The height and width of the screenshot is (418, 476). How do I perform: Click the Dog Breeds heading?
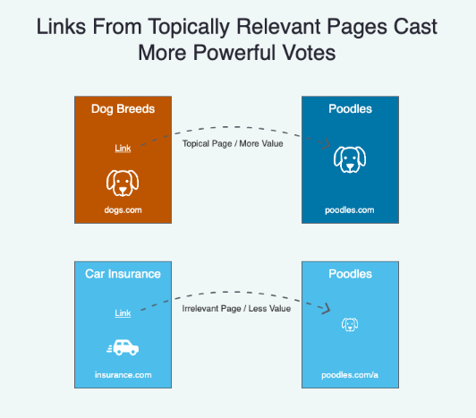tap(123, 109)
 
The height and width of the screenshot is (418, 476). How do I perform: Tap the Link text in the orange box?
tap(123, 149)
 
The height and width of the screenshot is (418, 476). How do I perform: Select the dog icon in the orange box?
tap(123, 183)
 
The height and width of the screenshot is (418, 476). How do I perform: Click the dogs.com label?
tap(123, 210)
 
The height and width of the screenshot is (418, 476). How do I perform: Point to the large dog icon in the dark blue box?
tap(350, 160)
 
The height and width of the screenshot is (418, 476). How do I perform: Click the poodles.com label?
tap(350, 210)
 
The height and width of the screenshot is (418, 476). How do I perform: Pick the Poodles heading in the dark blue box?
tap(351, 109)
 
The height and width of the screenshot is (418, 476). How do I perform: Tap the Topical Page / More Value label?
tap(233, 144)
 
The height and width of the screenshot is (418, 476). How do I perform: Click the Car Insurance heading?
tap(123, 274)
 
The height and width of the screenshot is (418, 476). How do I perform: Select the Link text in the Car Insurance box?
tap(123, 313)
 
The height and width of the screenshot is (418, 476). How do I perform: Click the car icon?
tap(123, 347)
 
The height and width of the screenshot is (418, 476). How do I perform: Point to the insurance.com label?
tap(123, 375)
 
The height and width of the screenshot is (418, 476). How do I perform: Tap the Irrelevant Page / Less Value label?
tap(236, 309)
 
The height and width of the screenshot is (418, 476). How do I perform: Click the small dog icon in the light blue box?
tap(350, 324)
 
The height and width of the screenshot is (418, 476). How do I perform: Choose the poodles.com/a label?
tap(350, 375)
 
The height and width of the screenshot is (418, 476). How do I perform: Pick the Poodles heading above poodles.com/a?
tap(351, 274)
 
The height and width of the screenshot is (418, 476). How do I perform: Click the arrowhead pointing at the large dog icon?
tap(327, 143)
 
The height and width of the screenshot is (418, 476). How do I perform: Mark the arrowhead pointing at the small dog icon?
tap(327, 308)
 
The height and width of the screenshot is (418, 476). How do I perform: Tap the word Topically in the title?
tap(189, 28)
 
